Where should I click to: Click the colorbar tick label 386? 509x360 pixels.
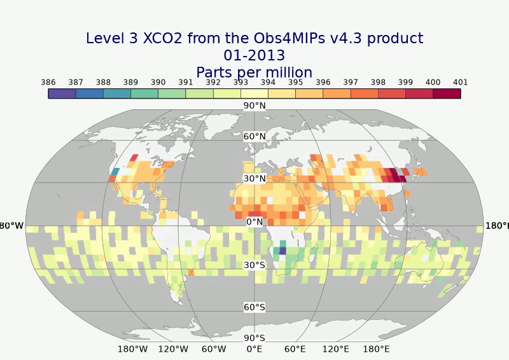(48, 82)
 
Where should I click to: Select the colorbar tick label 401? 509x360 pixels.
(461, 82)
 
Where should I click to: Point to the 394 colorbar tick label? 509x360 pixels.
(268, 82)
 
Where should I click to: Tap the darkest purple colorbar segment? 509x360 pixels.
(62, 93)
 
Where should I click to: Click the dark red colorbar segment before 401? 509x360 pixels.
(447, 93)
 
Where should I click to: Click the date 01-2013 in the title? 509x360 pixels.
(254, 55)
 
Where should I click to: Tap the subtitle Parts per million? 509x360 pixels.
(254, 71)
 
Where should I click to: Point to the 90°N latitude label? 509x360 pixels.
(254, 106)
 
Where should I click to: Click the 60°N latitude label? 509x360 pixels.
(254, 136)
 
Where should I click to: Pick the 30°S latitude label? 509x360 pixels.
(254, 265)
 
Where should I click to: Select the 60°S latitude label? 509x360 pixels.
(254, 307)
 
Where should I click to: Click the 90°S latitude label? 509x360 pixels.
(254, 338)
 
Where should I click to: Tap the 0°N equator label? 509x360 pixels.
(254, 222)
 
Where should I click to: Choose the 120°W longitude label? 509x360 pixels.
(173, 349)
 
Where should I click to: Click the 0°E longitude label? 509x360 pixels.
(254, 349)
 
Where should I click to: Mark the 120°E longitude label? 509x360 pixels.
(335, 349)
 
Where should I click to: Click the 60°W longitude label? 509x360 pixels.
(214, 349)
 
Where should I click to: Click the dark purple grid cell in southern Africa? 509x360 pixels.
(282, 251)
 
